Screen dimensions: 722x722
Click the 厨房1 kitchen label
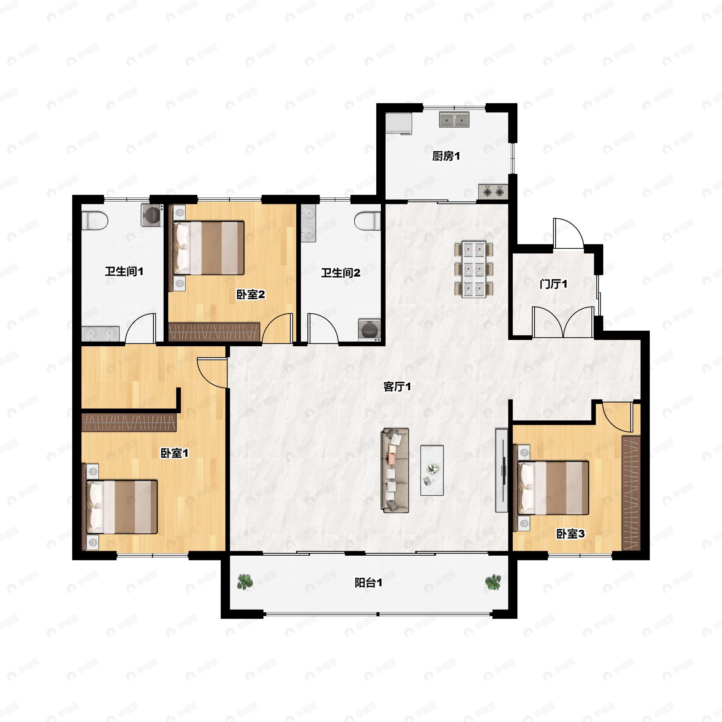click(446, 156)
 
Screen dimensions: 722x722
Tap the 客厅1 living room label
click(397, 387)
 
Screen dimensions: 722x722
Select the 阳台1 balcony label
click(368, 583)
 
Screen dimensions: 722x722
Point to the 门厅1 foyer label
click(554, 284)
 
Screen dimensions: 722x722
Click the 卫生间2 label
click(341, 273)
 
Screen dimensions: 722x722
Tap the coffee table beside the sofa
click(432, 471)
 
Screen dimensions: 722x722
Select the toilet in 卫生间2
click(367, 221)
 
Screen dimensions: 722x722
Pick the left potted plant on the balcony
click(245, 582)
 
